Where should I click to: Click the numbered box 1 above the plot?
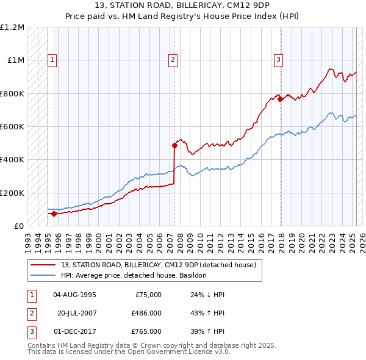pyautogui.click(x=52, y=60)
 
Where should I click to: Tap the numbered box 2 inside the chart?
pyautogui.click(x=173, y=60)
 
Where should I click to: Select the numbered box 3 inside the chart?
pyautogui.click(x=278, y=60)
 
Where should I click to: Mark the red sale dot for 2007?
pyautogui.click(x=174, y=145)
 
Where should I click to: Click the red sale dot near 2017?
pyautogui.click(x=280, y=99)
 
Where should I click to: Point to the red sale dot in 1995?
pyautogui.click(x=54, y=214)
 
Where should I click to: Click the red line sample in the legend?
pyautogui.click(x=43, y=265)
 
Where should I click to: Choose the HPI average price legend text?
pyautogui.click(x=134, y=275)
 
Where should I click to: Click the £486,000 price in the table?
pyautogui.click(x=146, y=313)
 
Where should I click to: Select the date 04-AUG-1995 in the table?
pyautogui.click(x=74, y=295)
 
